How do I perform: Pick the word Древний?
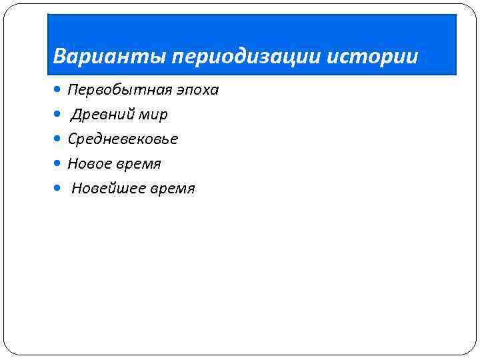(103, 115)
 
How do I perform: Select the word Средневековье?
(123, 139)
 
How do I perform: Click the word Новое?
(90, 164)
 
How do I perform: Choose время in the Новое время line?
(139, 164)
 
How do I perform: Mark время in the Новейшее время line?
(173, 189)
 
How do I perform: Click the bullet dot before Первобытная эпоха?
(61, 89)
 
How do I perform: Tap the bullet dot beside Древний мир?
(61, 114)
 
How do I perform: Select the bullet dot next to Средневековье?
(61, 139)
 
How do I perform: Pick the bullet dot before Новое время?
(61, 163)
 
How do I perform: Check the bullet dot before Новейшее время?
(61, 188)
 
